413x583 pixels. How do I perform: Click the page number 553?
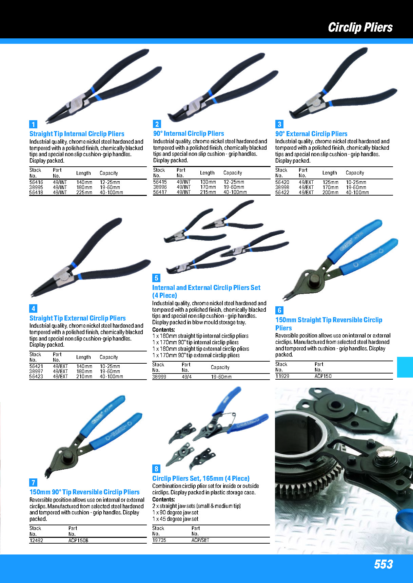pos(383,564)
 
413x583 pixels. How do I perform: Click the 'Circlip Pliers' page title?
pos(360,27)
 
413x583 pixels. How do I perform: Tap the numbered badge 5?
pos(156,278)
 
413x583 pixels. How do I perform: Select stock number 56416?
pos(36,182)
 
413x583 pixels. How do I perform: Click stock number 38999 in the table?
pos(159,377)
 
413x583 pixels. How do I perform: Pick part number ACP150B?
pos(78,541)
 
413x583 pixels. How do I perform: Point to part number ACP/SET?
pos(200,540)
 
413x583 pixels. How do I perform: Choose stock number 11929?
pos(282,376)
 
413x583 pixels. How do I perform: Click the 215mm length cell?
pos(208,192)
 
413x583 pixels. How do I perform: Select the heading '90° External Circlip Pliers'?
pos(311,134)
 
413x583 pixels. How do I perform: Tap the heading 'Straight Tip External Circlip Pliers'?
pos(78,318)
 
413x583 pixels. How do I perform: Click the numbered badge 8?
pos(156,469)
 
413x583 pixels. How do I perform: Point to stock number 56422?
pos(282,193)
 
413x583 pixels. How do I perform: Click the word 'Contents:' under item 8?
pos(164,500)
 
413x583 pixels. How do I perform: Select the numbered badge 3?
pos(279,124)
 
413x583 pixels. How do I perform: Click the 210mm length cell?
pos(84,377)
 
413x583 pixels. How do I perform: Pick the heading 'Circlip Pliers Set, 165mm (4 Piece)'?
pos(201,478)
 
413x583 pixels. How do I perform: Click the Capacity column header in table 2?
pos(233,173)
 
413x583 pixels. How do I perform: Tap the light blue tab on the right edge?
pos(405,367)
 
